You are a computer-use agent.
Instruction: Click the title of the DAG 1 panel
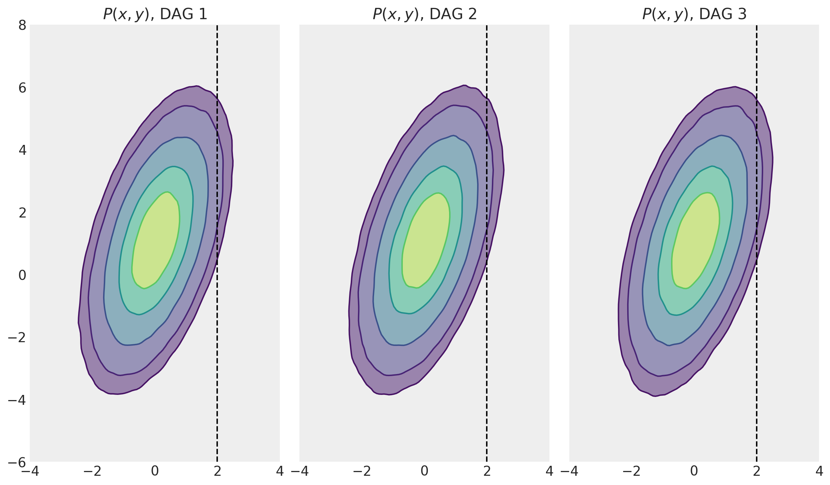[x=155, y=14]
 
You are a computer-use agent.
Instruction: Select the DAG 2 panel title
[x=424, y=14]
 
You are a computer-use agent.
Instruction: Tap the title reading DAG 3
[x=694, y=14]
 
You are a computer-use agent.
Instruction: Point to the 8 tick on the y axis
[x=23, y=25]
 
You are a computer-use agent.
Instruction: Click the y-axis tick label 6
[x=23, y=88]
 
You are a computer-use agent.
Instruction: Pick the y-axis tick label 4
[x=23, y=150]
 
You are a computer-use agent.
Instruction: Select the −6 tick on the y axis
[x=17, y=462]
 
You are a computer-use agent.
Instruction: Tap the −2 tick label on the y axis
[x=17, y=338]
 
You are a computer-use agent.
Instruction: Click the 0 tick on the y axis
[x=23, y=275]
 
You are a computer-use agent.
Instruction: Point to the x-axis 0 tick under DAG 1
[x=155, y=471]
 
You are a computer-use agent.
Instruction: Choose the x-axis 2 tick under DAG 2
[x=487, y=471]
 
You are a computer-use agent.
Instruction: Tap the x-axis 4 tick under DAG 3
[x=819, y=471]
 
